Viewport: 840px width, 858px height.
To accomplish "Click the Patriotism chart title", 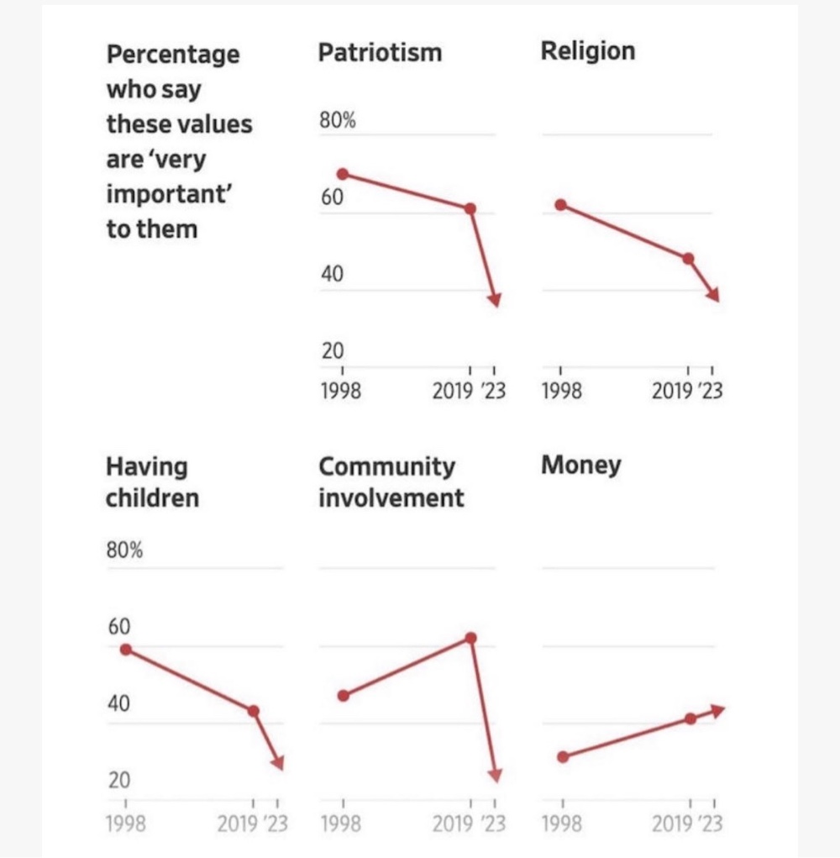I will [x=380, y=53].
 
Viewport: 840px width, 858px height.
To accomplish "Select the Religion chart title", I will [x=588, y=50].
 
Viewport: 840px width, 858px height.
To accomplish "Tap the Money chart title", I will [x=581, y=465].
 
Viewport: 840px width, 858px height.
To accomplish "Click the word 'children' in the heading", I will [x=152, y=497].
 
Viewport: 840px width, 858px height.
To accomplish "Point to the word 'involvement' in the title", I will [x=391, y=497].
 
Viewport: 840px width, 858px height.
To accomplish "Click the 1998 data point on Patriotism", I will [x=343, y=174].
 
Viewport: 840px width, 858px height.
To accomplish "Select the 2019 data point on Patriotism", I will [x=470, y=208].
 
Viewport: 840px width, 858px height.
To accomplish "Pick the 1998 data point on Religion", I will [x=561, y=205].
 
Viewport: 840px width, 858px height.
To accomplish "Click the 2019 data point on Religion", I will [x=689, y=259].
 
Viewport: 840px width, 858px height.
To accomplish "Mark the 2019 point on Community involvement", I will [x=470, y=638].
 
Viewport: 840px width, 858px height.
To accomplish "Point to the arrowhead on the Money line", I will [x=717, y=710].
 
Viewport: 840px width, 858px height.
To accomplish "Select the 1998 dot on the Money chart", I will [x=563, y=757].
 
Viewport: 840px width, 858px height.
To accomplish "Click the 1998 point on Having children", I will [x=126, y=649].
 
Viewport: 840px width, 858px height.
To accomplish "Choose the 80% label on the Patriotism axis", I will [x=338, y=121].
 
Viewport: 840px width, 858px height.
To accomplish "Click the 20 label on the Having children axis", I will [x=118, y=781].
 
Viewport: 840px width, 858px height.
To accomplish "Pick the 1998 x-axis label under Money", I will [x=561, y=824].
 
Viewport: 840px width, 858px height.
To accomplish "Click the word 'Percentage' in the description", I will [x=173, y=55].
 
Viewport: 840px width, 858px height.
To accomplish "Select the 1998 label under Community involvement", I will [x=342, y=824].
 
